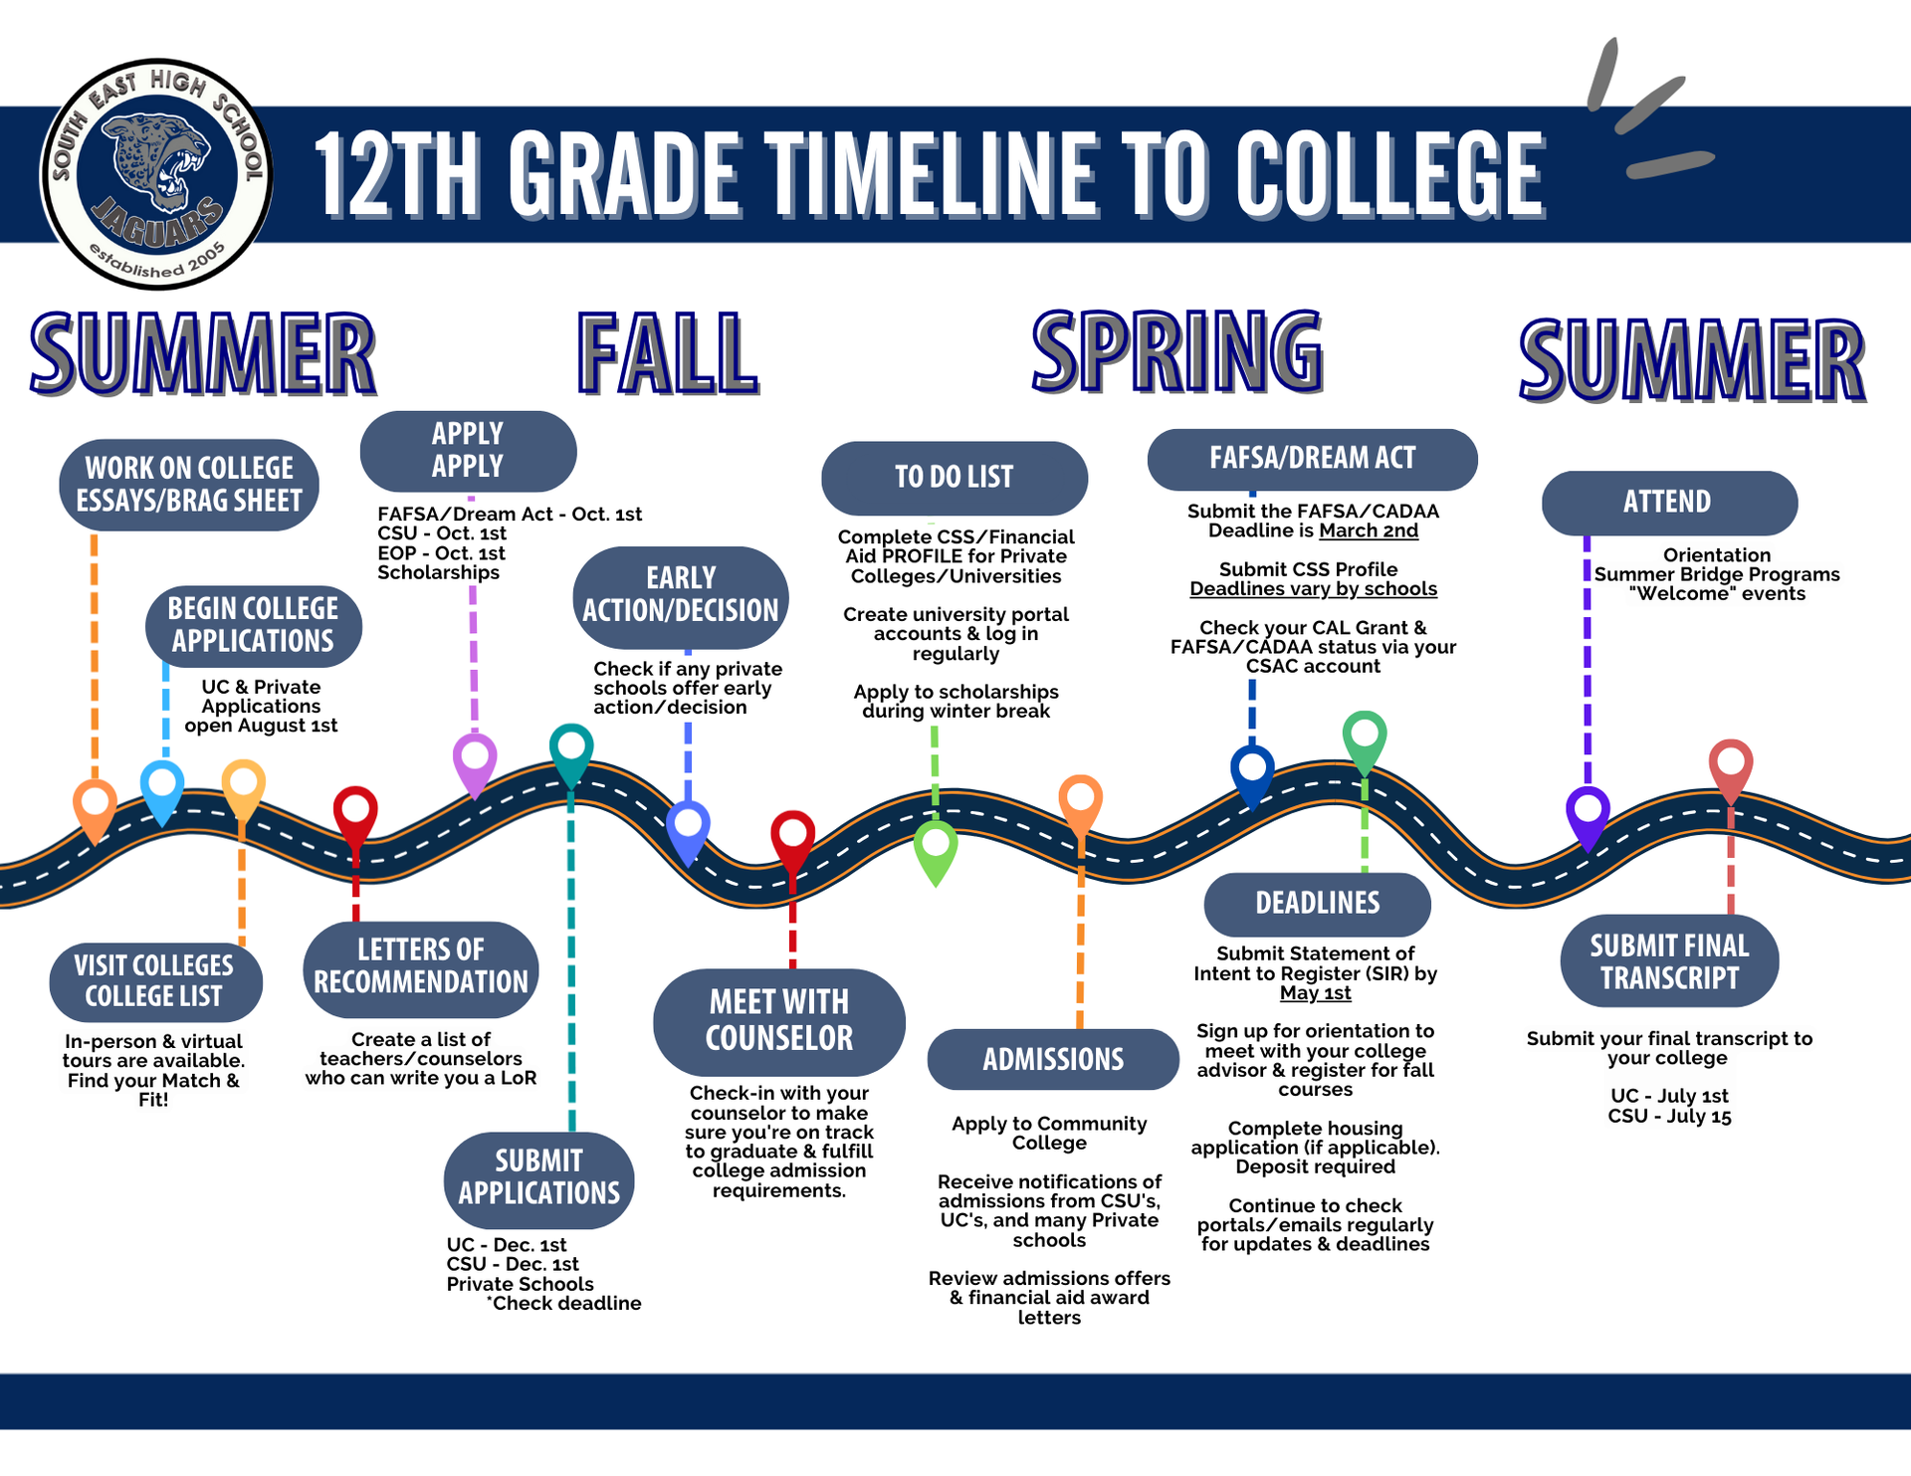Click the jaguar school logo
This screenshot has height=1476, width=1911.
156,174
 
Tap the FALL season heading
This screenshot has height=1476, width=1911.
668,353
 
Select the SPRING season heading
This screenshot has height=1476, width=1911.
1177,350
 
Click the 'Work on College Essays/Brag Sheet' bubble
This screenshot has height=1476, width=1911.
189,485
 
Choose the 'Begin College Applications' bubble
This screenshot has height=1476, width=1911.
253,625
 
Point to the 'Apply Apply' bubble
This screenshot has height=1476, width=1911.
468,451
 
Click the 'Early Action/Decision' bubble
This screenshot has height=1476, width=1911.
681,595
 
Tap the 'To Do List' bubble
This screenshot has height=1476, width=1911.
954,478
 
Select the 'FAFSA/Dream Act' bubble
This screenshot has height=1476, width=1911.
1312,459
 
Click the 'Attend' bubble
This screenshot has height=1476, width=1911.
1668,503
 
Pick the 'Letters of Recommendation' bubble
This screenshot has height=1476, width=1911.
421,967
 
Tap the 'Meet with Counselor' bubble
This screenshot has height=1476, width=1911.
778,1021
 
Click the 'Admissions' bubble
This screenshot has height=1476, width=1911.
1053,1059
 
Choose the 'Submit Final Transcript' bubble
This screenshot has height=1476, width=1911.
1669,961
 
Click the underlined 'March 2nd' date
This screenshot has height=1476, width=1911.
1369,530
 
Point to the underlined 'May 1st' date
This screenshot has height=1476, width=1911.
1315,993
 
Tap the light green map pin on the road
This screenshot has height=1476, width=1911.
936,847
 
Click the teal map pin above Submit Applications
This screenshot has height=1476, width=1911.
571,749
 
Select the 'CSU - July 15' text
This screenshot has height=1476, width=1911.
1669,1117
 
